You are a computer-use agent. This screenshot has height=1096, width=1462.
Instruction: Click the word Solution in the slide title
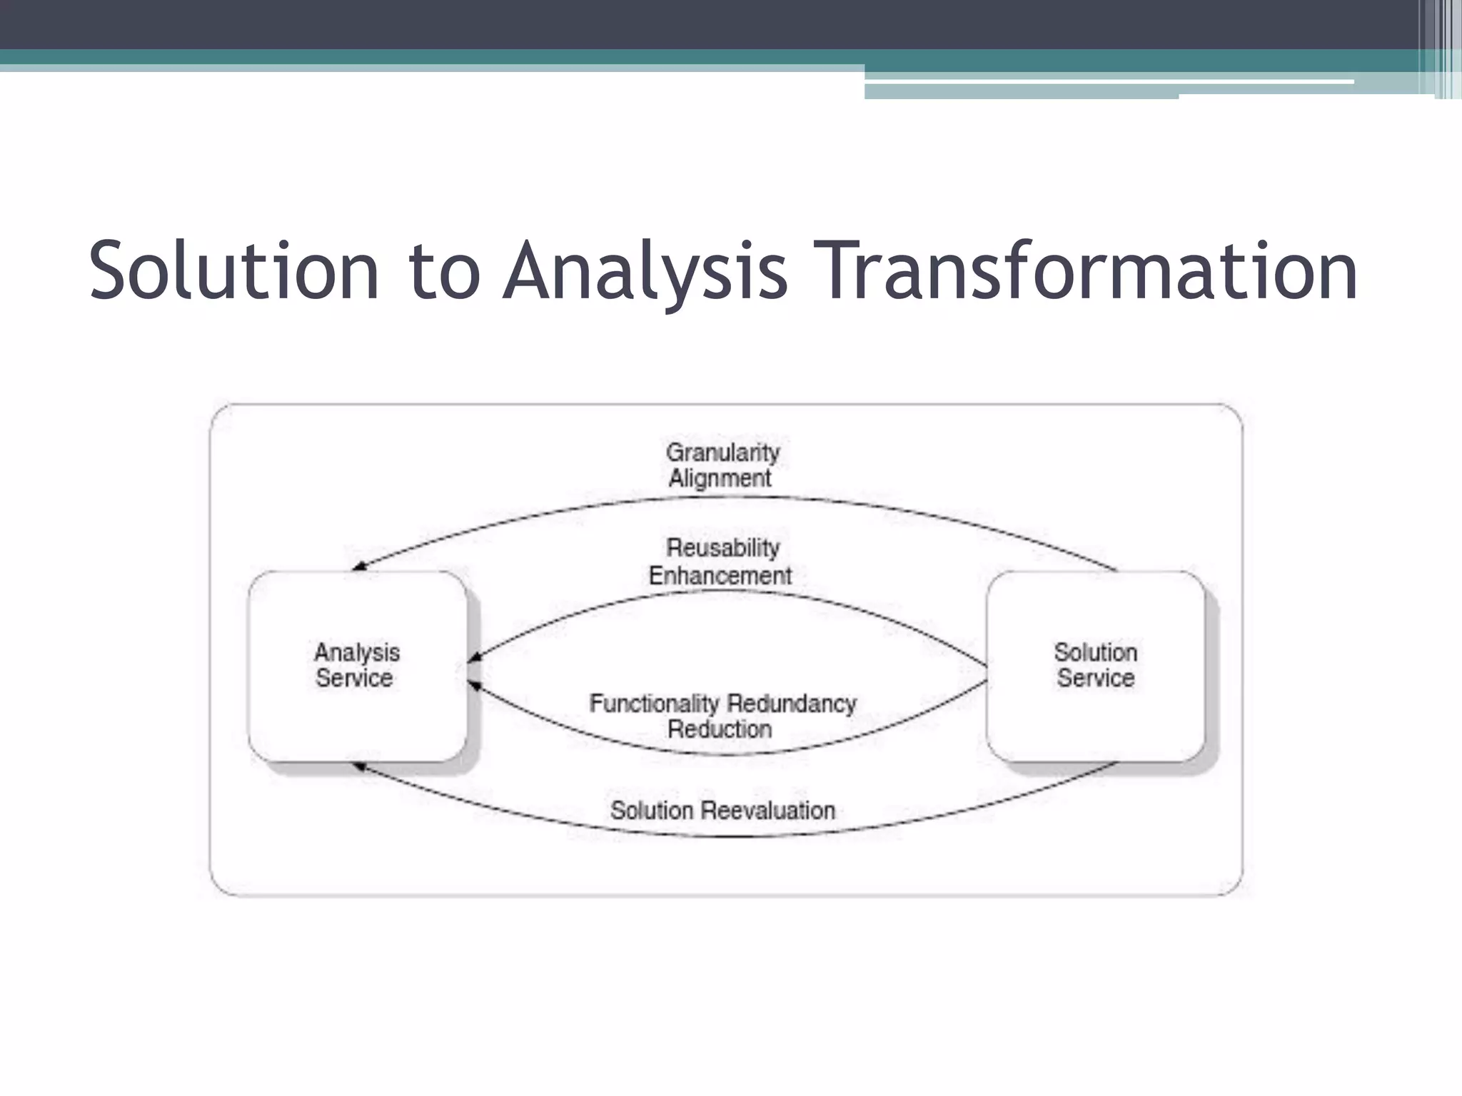(x=233, y=271)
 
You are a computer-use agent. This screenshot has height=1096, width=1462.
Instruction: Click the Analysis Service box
(x=357, y=666)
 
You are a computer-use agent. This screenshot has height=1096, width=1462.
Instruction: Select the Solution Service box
(x=1095, y=666)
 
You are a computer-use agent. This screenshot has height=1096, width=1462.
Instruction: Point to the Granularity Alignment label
(x=722, y=465)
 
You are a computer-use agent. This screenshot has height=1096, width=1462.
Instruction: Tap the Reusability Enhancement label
(x=720, y=562)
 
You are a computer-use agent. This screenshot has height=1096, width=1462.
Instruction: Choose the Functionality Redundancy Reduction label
(x=722, y=716)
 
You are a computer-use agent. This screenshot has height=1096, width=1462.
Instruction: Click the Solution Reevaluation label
(x=722, y=811)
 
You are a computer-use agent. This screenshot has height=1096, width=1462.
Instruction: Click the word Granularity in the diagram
(x=722, y=452)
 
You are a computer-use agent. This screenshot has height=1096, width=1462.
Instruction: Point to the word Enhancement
(x=720, y=575)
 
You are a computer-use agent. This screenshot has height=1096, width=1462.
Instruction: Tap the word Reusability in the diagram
(x=722, y=548)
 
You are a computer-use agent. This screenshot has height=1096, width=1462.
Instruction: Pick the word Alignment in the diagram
(x=720, y=478)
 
